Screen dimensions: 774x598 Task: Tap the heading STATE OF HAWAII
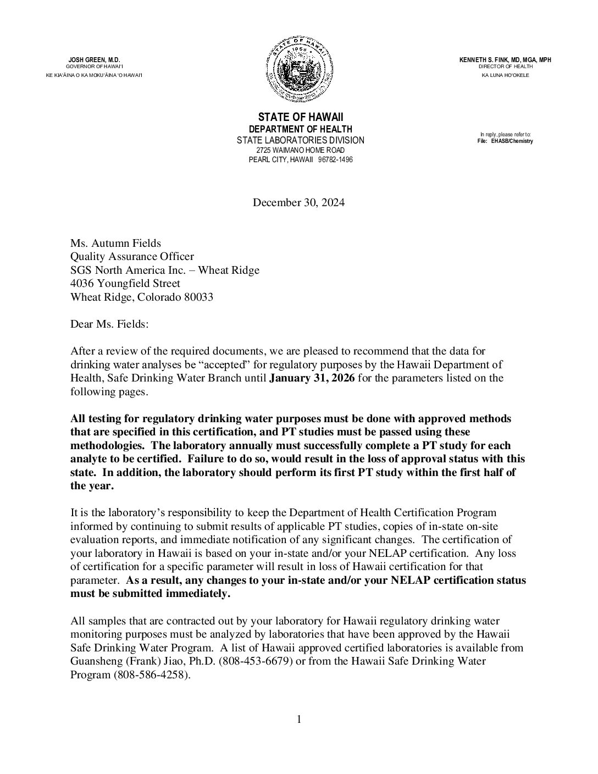tap(300, 118)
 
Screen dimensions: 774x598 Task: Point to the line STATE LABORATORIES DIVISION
tap(300, 140)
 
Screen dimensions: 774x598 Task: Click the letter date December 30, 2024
tap(298, 203)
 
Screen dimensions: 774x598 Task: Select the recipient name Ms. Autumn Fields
tap(116, 244)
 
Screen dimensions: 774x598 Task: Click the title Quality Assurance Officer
tap(132, 257)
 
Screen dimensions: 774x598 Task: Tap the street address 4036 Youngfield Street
tap(125, 284)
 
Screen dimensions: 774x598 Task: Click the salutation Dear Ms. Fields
tap(109, 324)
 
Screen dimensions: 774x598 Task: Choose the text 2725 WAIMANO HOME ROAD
tap(300, 150)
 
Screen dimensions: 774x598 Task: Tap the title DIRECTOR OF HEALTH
tap(505, 67)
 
